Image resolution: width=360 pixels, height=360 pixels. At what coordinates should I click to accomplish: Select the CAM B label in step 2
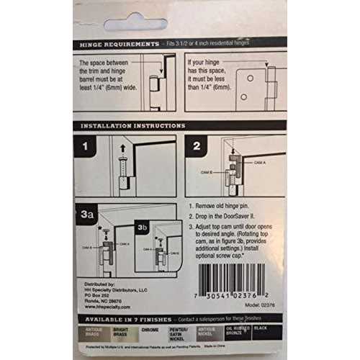click(204, 174)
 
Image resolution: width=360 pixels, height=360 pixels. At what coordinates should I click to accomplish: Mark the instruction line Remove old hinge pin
click(228, 205)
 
